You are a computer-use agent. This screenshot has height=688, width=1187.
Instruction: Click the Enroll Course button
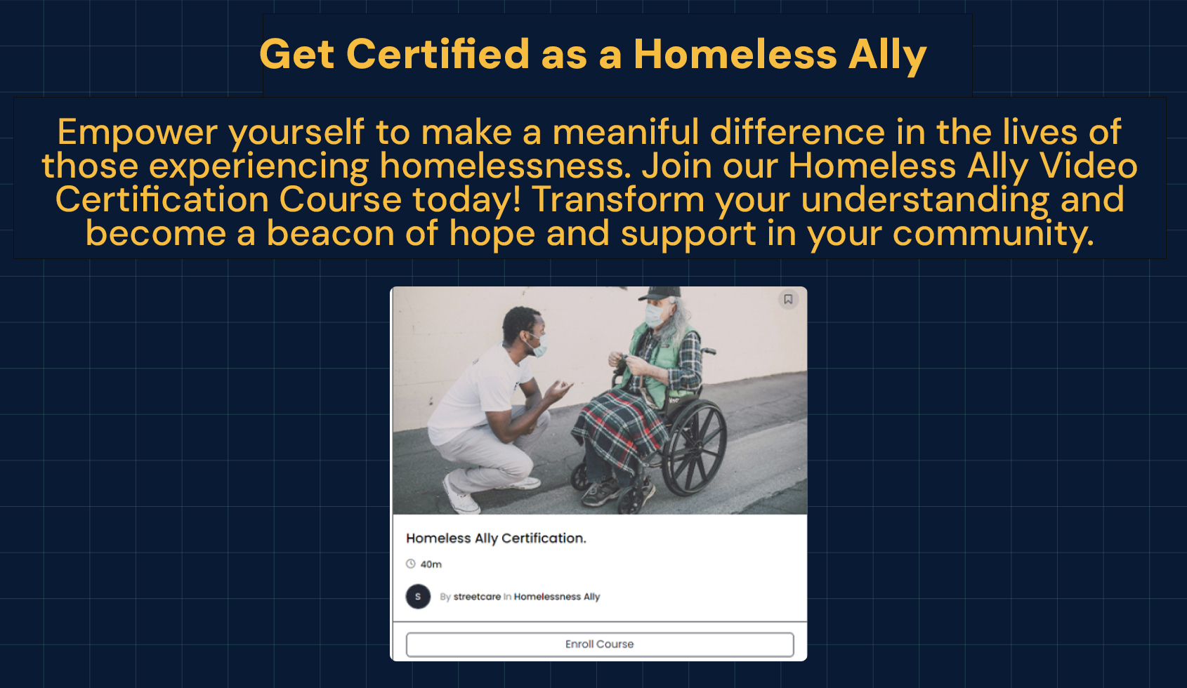click(x=600, y=644)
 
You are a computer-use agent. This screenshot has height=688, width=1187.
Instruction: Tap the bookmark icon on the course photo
click(x=788, y=299)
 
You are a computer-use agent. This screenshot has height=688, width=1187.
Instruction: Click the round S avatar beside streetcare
click(x=418, y=597)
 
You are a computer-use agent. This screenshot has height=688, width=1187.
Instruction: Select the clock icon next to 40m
click(x=411, y=564)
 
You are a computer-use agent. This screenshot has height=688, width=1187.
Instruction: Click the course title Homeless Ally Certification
click(x=496, y=538)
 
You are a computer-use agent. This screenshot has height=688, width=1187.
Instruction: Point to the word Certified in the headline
click(x=438, y=54)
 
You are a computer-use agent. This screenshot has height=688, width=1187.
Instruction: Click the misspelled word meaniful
click(x=626, y=132)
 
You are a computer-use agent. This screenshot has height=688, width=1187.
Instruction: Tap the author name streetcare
click(x=477, y=597)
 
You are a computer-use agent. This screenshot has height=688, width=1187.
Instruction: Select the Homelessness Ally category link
click(x=557, y=597)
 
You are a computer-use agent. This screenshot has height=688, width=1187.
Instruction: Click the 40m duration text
click(x=431, y=564)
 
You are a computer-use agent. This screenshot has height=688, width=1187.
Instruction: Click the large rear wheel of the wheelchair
click(x=695, y=448)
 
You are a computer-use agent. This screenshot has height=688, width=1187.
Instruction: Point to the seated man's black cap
click(x=659, y=293)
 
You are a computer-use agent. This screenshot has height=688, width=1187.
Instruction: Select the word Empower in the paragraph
click(x=137, y=133)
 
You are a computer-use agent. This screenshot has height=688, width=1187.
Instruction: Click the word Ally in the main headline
click(x=887, y=55)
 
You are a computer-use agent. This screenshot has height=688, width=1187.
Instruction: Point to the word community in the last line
click(x=993, y=234)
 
